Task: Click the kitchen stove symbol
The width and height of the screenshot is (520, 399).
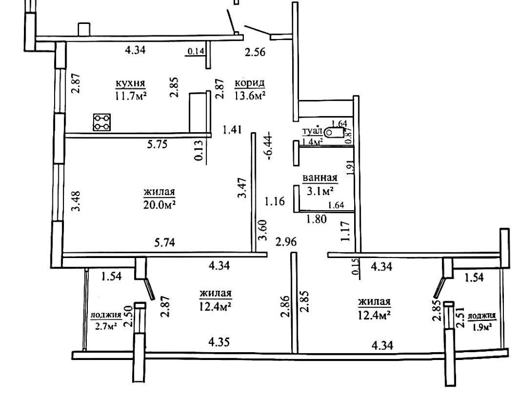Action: click(x=102, y=122)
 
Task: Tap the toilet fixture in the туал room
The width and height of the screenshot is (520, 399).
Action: click(x=334, y=133)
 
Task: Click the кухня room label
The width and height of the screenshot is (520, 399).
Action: click(x=131, y=83)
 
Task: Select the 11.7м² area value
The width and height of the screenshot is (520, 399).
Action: click(x=131, y=96)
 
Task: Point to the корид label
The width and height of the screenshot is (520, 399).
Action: click(x=250, y=83)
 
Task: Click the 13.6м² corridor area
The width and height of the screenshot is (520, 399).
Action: click(x=250, y=96)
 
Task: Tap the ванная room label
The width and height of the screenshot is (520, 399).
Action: click(x=320, y=178)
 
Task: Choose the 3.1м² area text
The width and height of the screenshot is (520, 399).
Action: click(x=320, y=191)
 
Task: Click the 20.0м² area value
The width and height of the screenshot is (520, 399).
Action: click(x=159, y=204)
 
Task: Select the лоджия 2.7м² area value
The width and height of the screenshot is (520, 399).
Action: click(x=106, y=327)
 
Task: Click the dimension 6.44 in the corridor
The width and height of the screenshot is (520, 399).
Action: click(x=269, y=146)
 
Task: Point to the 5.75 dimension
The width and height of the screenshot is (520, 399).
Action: click(x=157, y=145)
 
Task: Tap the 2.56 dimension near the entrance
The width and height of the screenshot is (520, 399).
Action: click(x=255, y=52)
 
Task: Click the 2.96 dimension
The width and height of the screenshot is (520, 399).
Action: click(x=286, y=242)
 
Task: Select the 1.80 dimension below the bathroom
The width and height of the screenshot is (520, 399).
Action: click(x=316, y=219)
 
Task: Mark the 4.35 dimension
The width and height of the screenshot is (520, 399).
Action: click(x=219, y=342)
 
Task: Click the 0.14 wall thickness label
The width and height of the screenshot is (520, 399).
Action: click(x=196, y=52)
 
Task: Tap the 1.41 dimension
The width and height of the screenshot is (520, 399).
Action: click(x=232, y=130)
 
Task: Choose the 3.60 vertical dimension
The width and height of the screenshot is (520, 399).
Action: click(x=263, y=230)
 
